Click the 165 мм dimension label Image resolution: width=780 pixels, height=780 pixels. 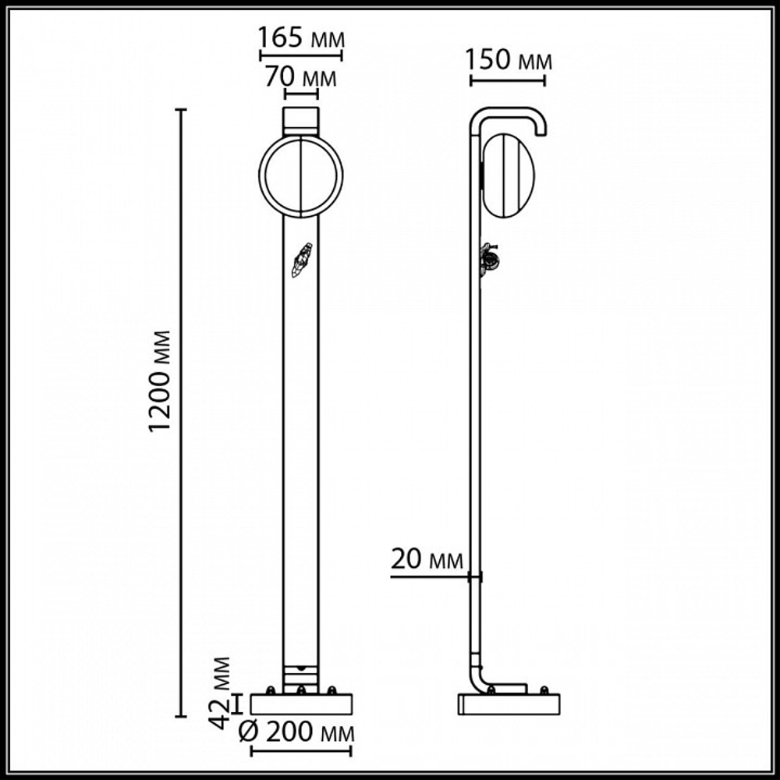click(x=300, y=38)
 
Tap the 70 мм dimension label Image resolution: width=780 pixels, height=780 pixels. click(x=300, y=78)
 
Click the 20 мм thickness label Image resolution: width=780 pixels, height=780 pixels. click(x=427, y=560)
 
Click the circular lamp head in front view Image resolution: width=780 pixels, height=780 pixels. click(x=300, y=175)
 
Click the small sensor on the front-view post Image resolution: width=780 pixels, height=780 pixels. click(x=301, y=260)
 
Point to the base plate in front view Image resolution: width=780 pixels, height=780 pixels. click(x=301, y=703)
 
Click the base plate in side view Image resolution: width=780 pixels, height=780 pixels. click(x=509, y=703)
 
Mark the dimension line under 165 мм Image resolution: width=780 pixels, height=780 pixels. click(x=300, y=56)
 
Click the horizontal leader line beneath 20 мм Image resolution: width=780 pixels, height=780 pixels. click(x=429, y=577)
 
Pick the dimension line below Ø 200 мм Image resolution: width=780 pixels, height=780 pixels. click(x=302, y=753)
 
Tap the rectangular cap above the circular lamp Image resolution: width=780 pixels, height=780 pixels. click(x=301, y=120)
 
